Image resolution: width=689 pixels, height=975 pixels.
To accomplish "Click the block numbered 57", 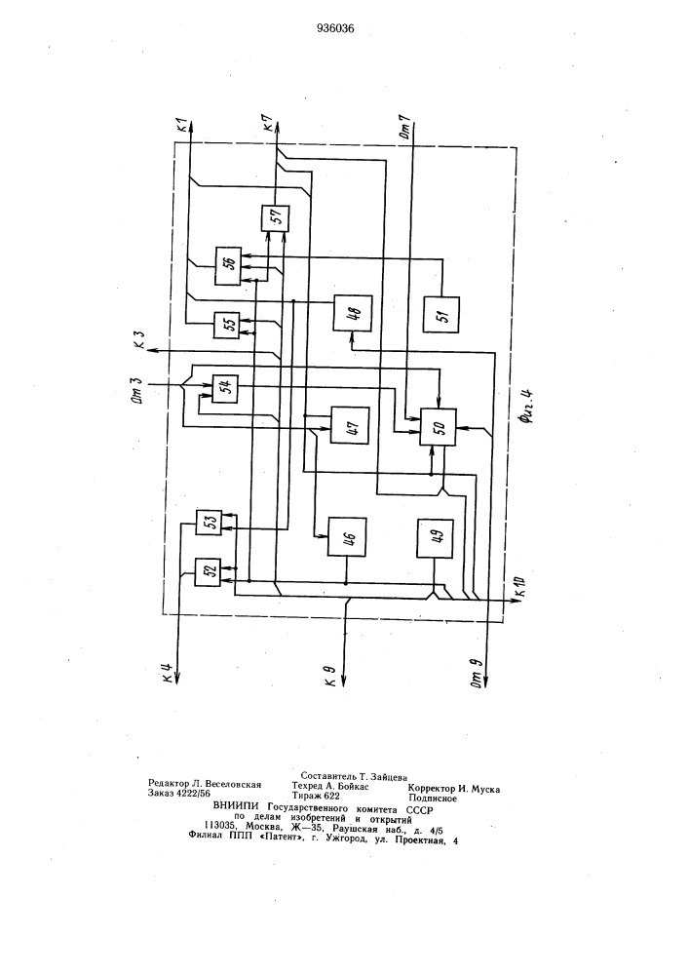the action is click(274, 217).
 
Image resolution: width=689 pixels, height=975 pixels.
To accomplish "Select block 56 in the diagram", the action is click(227, 266).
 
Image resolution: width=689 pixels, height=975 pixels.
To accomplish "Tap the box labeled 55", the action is click(226, 325).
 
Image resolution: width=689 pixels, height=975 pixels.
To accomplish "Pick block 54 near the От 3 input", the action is click(225, 389).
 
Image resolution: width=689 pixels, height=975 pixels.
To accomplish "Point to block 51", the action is click(441, 315).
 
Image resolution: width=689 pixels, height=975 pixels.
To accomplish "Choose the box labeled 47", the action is click(350, 425).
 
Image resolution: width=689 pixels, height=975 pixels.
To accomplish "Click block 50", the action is click(439, 426).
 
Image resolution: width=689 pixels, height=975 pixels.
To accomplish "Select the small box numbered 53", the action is click(209, 522).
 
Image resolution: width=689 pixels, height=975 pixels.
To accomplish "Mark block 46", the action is click(347, 536).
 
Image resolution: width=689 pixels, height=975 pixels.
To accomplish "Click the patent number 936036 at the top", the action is click(336, 28).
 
